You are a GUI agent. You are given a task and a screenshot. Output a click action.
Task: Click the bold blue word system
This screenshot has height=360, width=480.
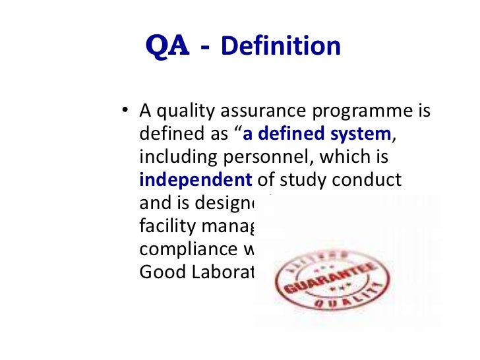[363, 135]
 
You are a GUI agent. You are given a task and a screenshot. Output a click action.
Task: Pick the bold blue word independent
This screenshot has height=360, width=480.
[196, 180]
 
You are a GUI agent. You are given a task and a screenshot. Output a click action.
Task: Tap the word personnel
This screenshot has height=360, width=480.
[255, 158]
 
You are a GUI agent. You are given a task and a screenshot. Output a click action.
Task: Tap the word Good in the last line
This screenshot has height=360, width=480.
[158, 271]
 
